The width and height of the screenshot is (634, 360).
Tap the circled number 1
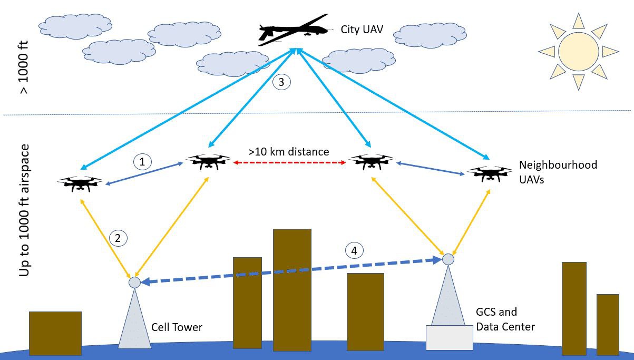142,162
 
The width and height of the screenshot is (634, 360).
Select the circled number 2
118,238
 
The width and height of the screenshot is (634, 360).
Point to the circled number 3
280,82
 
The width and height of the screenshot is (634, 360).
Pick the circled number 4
354,251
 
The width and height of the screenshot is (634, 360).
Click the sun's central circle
578,51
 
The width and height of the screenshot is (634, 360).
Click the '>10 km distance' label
289,152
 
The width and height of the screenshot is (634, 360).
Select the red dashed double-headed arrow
289,163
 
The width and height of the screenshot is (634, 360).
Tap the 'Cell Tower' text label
177,327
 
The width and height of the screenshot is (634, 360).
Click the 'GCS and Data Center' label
505,319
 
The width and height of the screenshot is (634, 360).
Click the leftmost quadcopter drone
80,182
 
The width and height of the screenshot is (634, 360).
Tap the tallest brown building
292,290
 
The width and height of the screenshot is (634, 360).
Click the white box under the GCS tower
449,337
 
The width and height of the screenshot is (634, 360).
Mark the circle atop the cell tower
134,283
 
